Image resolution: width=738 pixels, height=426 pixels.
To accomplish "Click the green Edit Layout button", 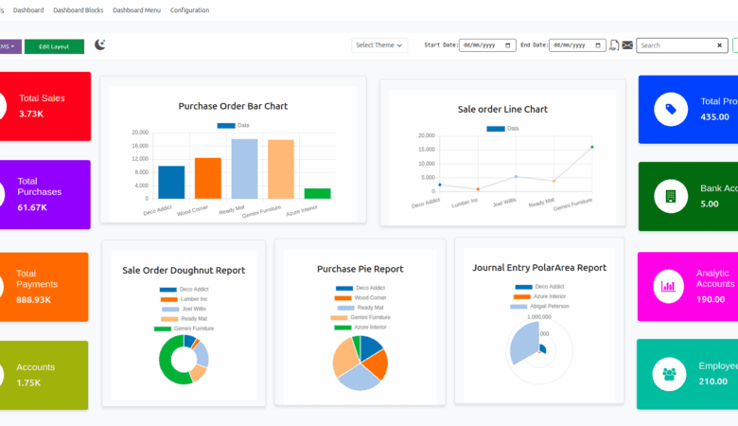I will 54,46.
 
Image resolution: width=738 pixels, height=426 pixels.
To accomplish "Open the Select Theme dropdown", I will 379,44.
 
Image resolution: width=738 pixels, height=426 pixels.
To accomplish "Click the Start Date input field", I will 487,44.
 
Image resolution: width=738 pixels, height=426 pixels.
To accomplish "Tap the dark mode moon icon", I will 100,44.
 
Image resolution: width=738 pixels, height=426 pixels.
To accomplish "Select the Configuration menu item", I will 190,10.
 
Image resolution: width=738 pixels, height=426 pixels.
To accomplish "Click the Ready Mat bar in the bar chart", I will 244,169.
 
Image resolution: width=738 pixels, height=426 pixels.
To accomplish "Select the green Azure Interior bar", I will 318,193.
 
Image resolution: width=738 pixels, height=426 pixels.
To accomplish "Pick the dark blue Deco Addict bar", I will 171,182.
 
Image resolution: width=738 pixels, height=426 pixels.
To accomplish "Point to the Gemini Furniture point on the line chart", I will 592,147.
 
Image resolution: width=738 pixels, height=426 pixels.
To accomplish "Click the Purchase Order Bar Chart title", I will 233,106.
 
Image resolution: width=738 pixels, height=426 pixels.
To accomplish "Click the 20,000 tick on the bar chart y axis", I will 140,133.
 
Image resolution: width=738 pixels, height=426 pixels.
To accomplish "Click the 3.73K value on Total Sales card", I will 31,114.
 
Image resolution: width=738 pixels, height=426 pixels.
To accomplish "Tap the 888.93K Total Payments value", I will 34,299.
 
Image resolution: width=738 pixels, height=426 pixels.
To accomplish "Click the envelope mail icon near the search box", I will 627,45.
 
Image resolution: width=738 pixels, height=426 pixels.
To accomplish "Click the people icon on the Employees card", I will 670,374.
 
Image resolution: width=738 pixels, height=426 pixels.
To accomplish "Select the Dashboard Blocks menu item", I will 79,10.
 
